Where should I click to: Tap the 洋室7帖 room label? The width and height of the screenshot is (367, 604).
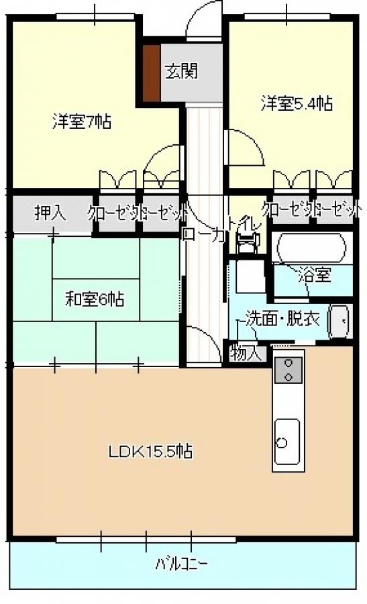coord(82,122)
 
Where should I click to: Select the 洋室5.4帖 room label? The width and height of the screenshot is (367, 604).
coord(297,103)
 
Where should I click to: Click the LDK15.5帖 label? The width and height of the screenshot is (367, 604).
coord(151,452)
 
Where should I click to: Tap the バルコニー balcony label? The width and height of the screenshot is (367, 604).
coord(182,562)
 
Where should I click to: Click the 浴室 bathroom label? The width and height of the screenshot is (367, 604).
coord(313,274)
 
